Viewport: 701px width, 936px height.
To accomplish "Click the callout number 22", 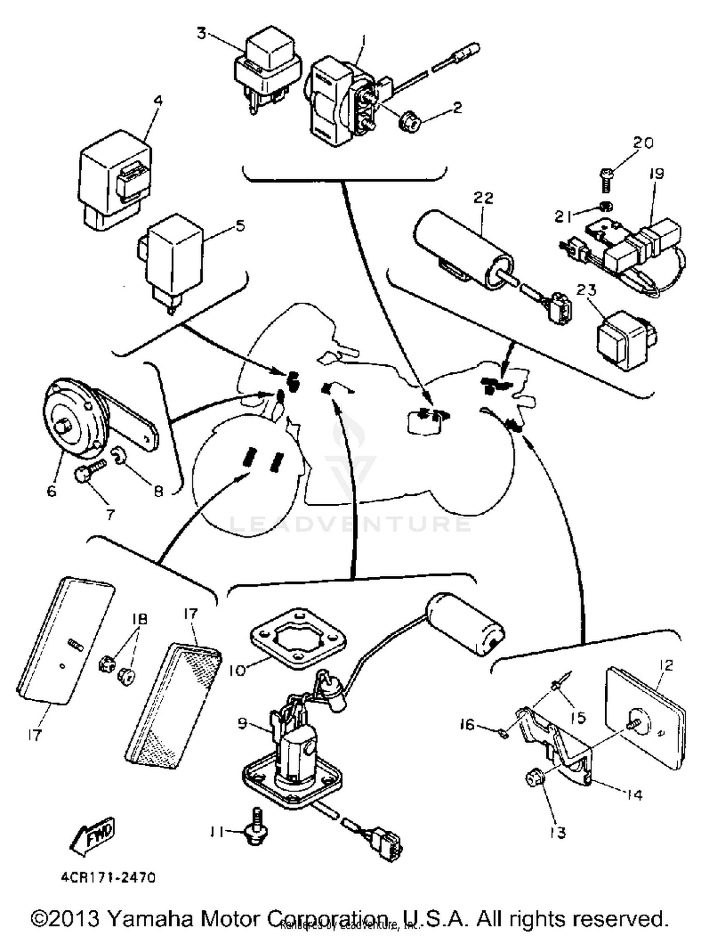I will (483, 198).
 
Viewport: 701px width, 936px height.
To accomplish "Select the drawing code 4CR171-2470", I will (107, 878).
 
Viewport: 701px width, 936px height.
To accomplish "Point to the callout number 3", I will (201, 34).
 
